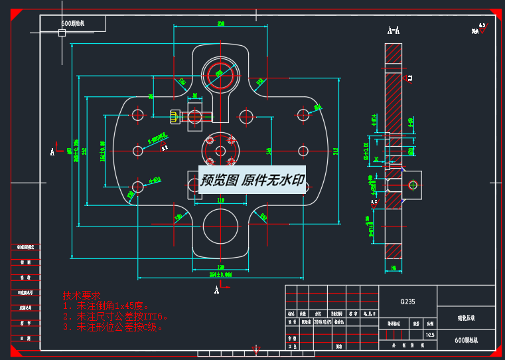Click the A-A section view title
click(394, 30)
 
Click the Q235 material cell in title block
click(407, 302)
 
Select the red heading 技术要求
click(81, 296)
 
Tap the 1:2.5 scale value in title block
click(430, 334)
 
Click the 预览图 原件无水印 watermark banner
click(252, 180)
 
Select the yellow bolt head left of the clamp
click(176, 117)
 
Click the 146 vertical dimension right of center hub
click(269, 151)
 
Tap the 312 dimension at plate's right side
click(336, 151)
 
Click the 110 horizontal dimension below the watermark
click(220, 200)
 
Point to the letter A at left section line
click(52, 152)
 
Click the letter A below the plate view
click(216, 290)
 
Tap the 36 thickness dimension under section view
click(393, 268)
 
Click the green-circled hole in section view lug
click(412, 184)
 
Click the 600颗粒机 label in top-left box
click(73, 23)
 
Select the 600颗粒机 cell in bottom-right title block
click(467, 340)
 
